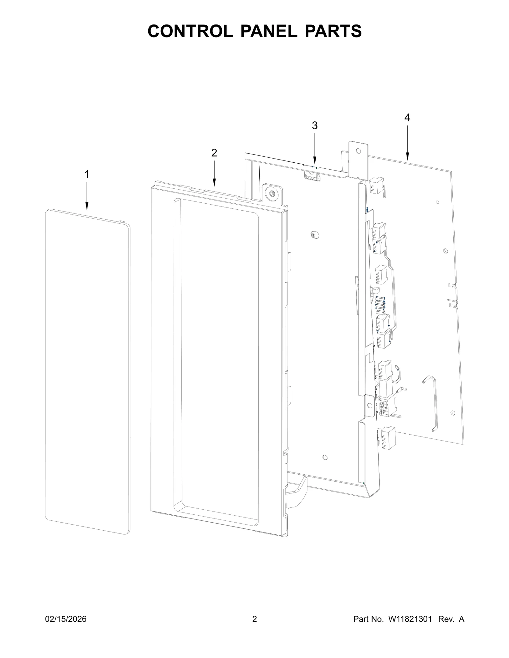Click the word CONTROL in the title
tap(190, 31)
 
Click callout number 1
tap(87, 174)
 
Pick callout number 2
tap(214, 153)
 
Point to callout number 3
tap(315, 126)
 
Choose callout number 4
tap(407, 118)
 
